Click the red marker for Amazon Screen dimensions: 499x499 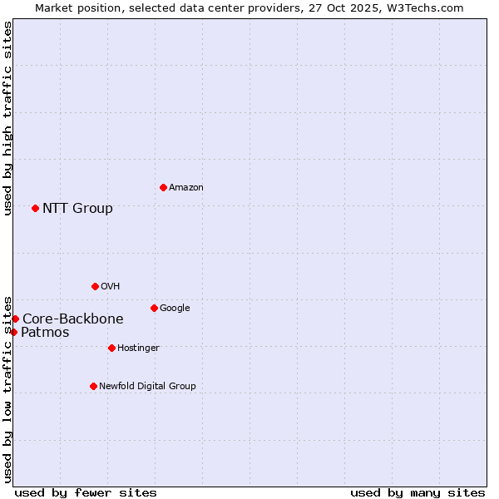click(163, 187)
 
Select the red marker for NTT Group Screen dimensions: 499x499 click(35, 208)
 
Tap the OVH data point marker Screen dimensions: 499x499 click(95, 286)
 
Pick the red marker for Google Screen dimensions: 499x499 click(154, 308)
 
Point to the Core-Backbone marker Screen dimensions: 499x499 click(15, 319)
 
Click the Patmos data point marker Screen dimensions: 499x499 click(13, 332)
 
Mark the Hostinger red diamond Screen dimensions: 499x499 click(111, 348)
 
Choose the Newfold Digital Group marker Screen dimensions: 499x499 click(93, 386)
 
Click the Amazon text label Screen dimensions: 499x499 click(186, 188)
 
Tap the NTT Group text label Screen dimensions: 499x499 click(77, 208)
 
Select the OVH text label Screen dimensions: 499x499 click(111, 287)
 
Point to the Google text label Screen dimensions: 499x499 click(175, 309)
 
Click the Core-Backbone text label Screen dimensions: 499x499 click(73, 319)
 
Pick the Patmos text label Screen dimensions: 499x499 click(45, 333)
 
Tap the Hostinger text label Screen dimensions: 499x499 click(138, 348)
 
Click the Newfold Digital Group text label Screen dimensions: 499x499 click(147, 387)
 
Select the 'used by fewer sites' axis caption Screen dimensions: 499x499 click(86, 492)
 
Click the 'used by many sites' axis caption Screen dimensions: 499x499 click(417, 492)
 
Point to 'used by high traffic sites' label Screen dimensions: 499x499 click(7, 118)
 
